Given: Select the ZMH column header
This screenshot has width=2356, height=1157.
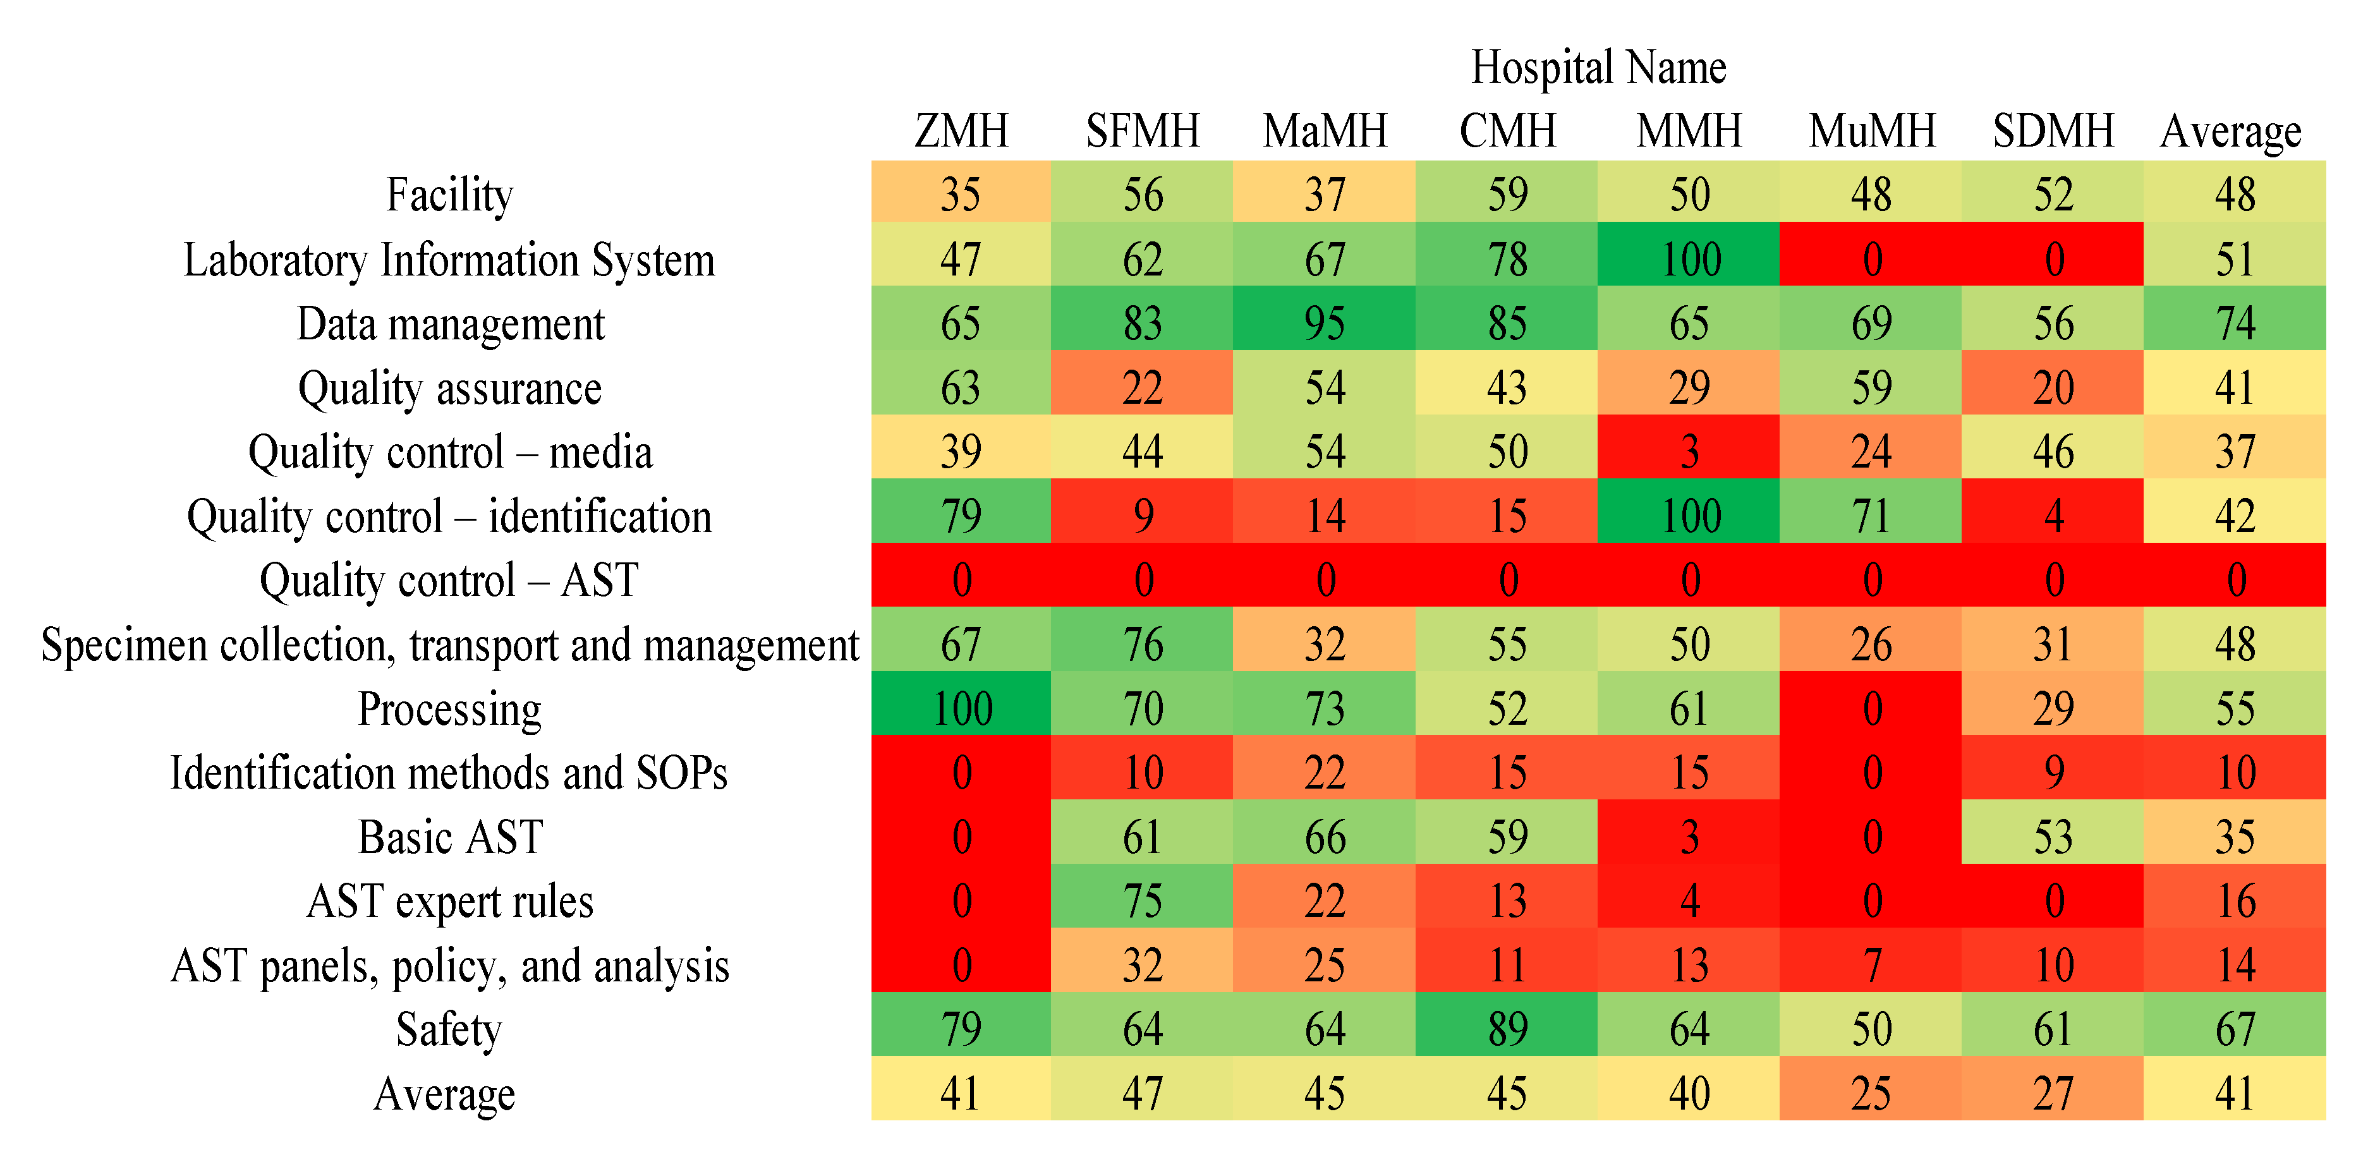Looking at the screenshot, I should point(961,131).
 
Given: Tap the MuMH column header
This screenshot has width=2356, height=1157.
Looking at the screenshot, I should point(1871,131).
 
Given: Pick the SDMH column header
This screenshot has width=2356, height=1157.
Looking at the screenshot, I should point(2053,131).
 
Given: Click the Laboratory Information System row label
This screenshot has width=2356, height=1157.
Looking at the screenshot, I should point(449,260).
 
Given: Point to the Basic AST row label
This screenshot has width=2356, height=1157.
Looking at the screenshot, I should point(450,837).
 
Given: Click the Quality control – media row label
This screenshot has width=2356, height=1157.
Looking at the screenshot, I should point(450,452).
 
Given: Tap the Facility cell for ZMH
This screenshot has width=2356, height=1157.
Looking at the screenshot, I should point(961,194).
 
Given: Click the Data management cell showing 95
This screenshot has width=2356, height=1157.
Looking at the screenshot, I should point(1325,323).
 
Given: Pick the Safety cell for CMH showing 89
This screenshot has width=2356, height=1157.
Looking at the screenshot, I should point(1507,1029).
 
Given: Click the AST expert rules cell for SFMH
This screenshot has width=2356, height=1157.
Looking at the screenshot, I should point(1143,901).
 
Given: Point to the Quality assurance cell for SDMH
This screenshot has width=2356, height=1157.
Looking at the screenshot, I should point(2053,387).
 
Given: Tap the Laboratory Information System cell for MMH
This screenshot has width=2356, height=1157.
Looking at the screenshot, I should point(1689,259).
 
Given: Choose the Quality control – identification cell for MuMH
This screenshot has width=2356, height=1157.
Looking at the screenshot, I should point(1871,516).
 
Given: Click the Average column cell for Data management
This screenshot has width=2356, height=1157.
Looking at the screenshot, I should point(2235,323).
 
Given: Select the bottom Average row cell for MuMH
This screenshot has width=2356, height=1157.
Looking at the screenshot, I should point(1871,1093).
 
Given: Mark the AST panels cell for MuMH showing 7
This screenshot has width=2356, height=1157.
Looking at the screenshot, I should point(1871,965).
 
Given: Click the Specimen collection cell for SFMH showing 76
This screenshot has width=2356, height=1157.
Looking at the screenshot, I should point(1143,644).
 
